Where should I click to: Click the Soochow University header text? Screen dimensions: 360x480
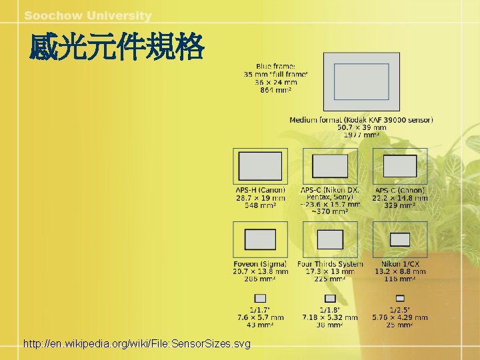click(x=88, y=15)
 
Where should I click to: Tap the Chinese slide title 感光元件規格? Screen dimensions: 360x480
click(x=117, y=48)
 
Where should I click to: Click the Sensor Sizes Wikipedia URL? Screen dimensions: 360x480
click(x=137, y=344)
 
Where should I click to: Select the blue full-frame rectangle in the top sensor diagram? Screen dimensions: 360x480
click(x=361, y=82)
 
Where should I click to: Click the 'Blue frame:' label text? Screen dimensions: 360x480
click(x=275, y=66)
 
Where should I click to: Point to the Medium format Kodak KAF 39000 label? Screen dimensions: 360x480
click(x=361, y=120)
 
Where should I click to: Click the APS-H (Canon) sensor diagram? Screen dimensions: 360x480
click(x=260, y=166)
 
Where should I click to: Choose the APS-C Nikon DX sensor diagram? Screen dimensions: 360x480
click(x=330, y=166)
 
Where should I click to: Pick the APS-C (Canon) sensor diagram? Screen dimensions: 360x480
click(x=400, y=166)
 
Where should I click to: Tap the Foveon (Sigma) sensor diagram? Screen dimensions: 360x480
click(x=260, y=239)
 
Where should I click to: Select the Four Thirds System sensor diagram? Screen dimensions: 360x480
click(x=330, y=239)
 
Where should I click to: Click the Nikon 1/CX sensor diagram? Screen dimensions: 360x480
click(x=400, y=239)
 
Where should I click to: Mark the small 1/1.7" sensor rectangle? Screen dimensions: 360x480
click(x=260, y=298)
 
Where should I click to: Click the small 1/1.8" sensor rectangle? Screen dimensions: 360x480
click(x=330, y=298)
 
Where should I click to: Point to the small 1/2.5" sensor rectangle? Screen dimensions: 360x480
click(x=400, y=298)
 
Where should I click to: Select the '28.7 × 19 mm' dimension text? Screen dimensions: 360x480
click(x=260, y=198)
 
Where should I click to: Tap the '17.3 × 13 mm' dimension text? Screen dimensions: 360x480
click(x=330, y=271)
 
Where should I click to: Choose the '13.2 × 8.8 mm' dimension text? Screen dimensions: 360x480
click(x=400, y=271)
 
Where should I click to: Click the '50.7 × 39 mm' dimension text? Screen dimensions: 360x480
click(x=361, y=127)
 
